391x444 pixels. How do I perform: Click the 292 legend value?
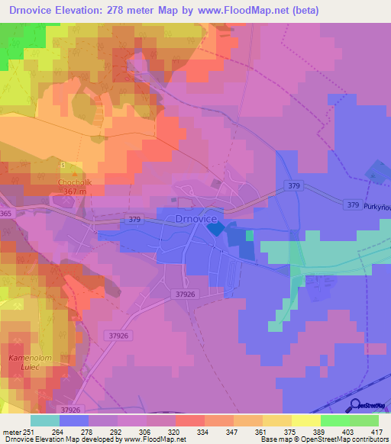[x=118, y=431]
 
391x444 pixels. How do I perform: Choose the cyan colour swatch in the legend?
[x=45, y=420]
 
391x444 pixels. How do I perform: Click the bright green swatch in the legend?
[x=335, y=420]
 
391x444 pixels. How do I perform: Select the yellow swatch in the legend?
[x=306, y=420]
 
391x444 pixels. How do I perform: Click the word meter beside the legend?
[x=11, y=431]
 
